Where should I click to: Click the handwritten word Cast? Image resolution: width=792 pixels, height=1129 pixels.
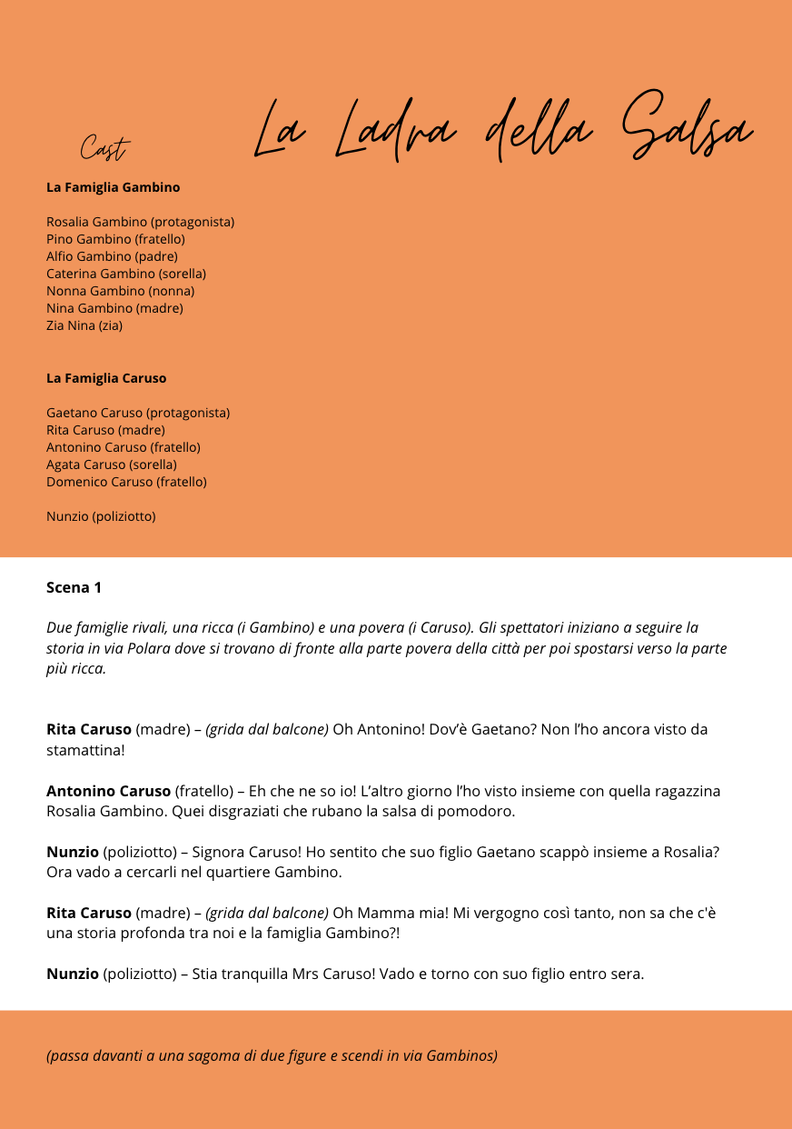(x=104, y=148)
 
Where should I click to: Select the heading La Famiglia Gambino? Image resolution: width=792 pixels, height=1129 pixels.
(x=113, y=187)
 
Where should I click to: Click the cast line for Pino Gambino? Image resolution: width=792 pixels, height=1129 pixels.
(x=115, y=239)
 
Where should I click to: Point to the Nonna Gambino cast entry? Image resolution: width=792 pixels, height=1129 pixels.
(x=120, y=291)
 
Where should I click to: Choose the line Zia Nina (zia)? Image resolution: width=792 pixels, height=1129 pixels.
(x=84, y=325)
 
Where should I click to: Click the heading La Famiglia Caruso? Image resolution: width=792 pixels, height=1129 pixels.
(x=106, y=378)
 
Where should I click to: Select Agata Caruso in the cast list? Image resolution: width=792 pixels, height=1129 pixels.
(x=112, y=465)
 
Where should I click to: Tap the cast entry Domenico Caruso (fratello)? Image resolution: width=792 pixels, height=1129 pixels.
(x=126, y=482)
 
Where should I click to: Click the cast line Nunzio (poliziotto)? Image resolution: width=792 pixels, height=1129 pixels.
(x=101, y=516)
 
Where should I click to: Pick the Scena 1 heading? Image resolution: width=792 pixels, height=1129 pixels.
(x=74, y=587)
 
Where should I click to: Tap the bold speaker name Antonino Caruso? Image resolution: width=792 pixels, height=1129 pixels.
(x=108, y=791)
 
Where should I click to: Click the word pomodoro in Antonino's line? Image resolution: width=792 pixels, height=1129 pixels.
(x=480, y=811)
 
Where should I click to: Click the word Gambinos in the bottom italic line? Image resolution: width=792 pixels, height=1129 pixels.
(x=461, y=1055)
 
